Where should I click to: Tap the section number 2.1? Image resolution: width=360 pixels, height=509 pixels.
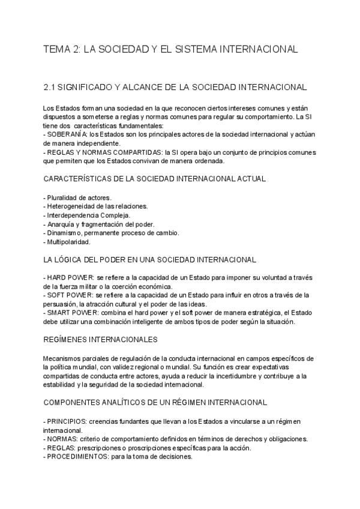coord(50,87)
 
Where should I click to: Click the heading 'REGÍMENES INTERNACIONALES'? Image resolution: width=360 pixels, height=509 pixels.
coord(101,339)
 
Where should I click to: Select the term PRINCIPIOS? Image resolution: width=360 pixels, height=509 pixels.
coord(67,421)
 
